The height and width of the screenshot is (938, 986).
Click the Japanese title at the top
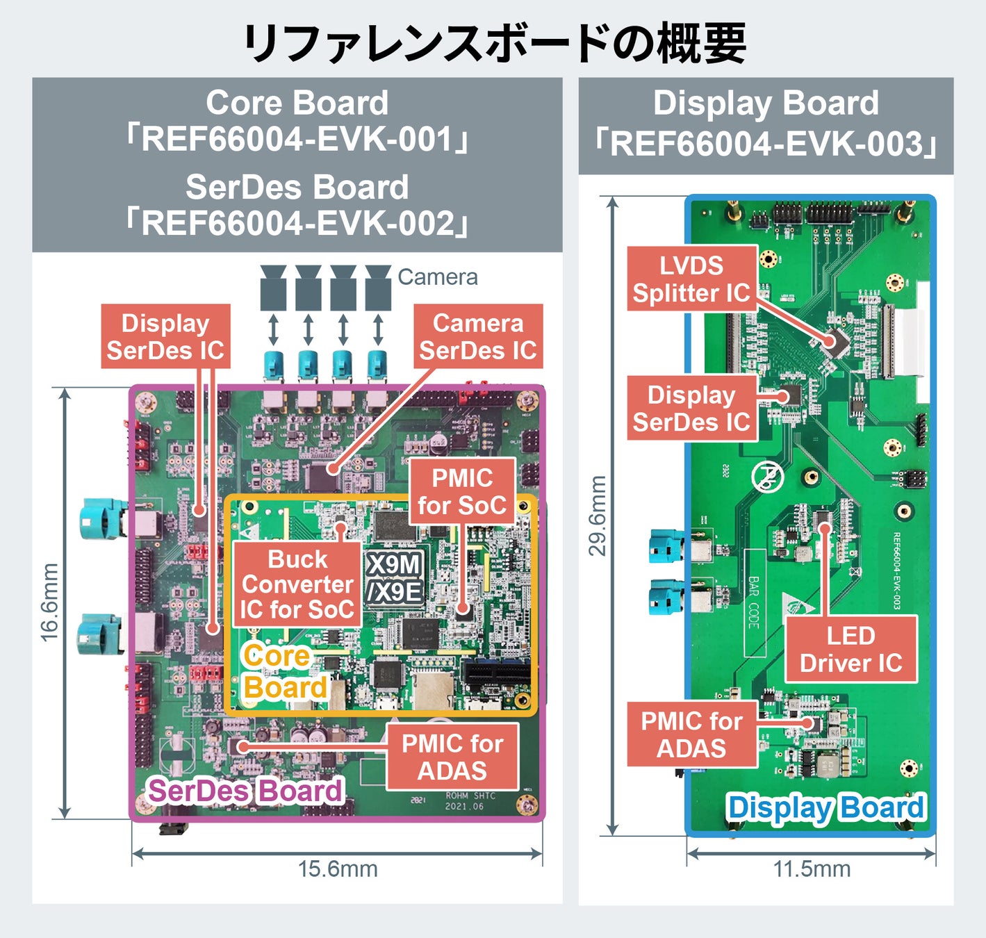(493, 43)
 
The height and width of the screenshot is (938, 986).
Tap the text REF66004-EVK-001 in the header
(297, 139)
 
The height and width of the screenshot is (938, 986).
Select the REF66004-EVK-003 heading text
(766, 145)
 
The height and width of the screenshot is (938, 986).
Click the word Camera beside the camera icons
(437, 277)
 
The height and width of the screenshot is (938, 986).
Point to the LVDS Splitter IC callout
(691, 279)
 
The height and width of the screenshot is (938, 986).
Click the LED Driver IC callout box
(851, 649)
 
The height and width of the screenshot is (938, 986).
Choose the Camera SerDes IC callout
(477, 337)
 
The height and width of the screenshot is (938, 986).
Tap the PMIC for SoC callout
(462, 491)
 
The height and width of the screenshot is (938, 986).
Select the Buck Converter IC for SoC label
(297, 584)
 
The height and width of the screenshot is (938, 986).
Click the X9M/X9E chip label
(395, 578)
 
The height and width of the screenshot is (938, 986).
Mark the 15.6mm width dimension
(338, 869)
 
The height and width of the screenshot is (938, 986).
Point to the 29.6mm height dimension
(598, 516)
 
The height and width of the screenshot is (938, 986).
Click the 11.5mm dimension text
(812, 869)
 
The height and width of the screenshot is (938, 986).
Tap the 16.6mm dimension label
(49, 602)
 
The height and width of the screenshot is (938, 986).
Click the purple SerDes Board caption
(245, 791)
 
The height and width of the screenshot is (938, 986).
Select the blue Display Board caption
(825, 807)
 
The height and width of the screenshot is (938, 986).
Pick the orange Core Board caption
(284, 671)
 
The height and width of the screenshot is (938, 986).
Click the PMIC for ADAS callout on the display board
(691, 734)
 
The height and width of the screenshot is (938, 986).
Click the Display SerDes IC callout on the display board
(691, 409)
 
